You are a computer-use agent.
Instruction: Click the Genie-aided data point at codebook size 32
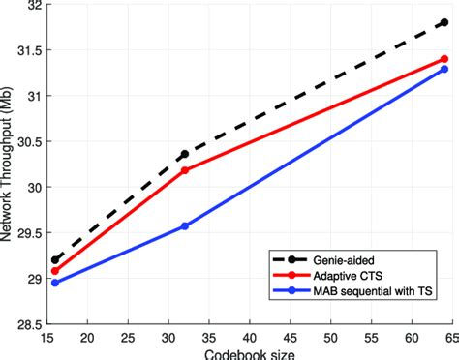185,154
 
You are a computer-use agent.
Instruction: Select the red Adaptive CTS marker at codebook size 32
185,170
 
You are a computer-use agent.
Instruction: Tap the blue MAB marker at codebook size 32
185,225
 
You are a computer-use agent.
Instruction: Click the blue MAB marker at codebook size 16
55,283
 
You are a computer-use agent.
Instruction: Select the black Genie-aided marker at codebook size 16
55,259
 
